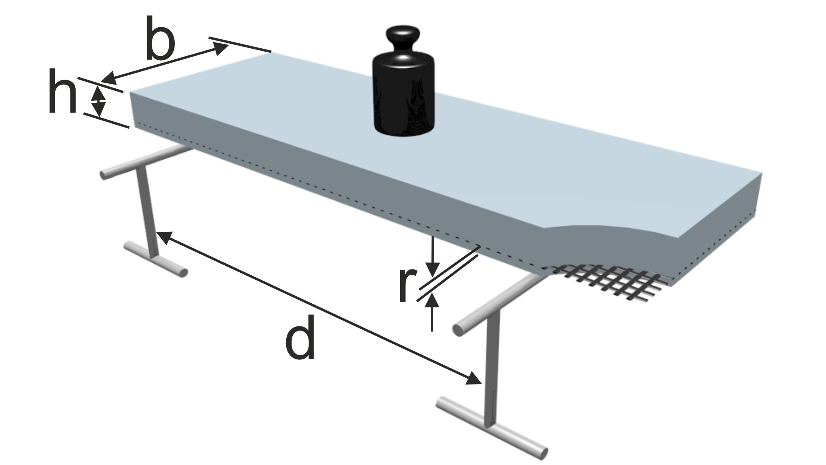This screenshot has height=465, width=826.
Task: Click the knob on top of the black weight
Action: [403, 40]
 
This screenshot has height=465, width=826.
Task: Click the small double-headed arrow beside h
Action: [98, 101]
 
